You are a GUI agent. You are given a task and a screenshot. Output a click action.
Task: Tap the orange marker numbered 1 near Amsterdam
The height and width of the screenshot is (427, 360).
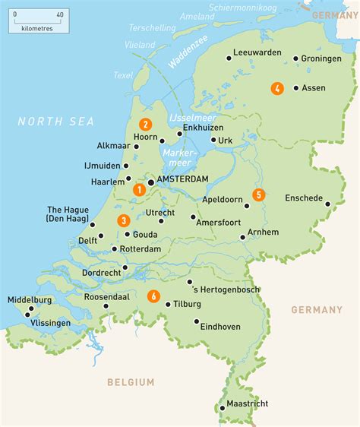click(x=139, y=189)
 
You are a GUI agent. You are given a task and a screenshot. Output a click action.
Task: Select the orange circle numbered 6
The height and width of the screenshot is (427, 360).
click(x=154, y=296)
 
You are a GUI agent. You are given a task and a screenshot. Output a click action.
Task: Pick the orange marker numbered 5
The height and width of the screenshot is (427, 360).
click(x=259, y=195)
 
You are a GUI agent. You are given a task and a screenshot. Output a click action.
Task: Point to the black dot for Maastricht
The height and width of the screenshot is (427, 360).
click(x=223, y=407)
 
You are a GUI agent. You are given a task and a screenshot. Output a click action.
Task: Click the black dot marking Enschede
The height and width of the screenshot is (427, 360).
click(x=328, y=204)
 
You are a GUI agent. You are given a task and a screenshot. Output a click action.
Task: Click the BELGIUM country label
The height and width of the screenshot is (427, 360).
click(x=130, y=382)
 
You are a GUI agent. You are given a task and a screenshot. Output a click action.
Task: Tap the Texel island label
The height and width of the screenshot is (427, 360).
click(x=123, y=75)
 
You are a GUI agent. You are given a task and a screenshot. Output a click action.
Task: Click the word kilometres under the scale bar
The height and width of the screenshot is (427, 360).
click(x=36, y=27)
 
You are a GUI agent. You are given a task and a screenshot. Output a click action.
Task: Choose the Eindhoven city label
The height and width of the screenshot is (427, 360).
click(x=220, y=326)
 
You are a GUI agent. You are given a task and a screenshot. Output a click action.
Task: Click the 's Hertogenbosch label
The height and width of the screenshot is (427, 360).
click(x=227, y=289)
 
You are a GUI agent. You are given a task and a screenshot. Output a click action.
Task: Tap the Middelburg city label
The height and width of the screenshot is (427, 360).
click(x=30, y=300)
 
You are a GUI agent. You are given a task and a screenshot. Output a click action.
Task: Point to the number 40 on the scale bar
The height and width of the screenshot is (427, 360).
click(x=60, y=14)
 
